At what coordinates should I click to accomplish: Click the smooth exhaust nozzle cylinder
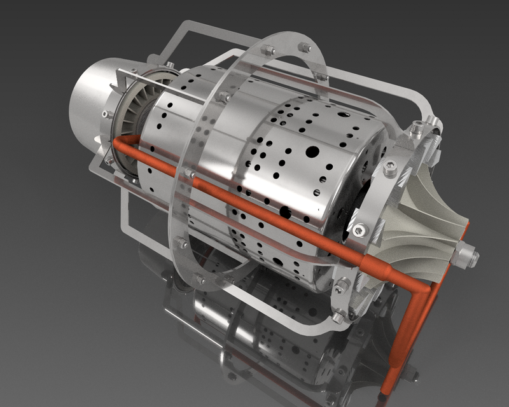click(x=95, y=105)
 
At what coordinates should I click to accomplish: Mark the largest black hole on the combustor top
click(x=313, y=151)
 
